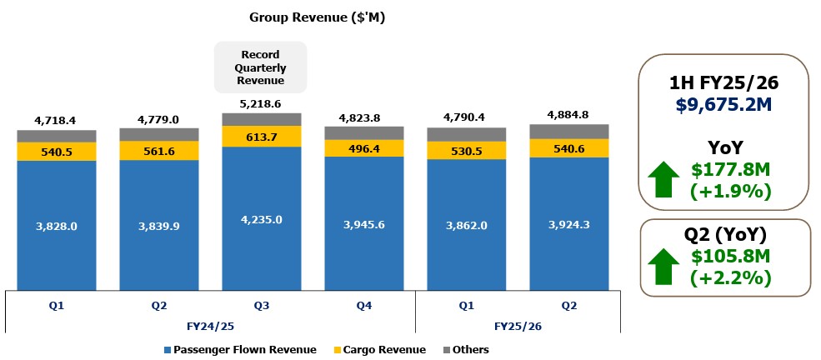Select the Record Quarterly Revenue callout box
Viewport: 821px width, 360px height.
point(261,67)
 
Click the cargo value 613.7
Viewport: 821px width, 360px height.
point(261,137)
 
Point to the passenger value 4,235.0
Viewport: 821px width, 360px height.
point(261,219)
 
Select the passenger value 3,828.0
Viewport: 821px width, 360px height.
point(57,225)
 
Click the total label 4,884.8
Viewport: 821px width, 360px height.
point(569,114)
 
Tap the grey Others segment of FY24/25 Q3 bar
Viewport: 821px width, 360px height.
point(261,119)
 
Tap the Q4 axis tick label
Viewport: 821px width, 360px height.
point(363,305)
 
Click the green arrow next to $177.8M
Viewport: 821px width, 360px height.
point(664,181)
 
